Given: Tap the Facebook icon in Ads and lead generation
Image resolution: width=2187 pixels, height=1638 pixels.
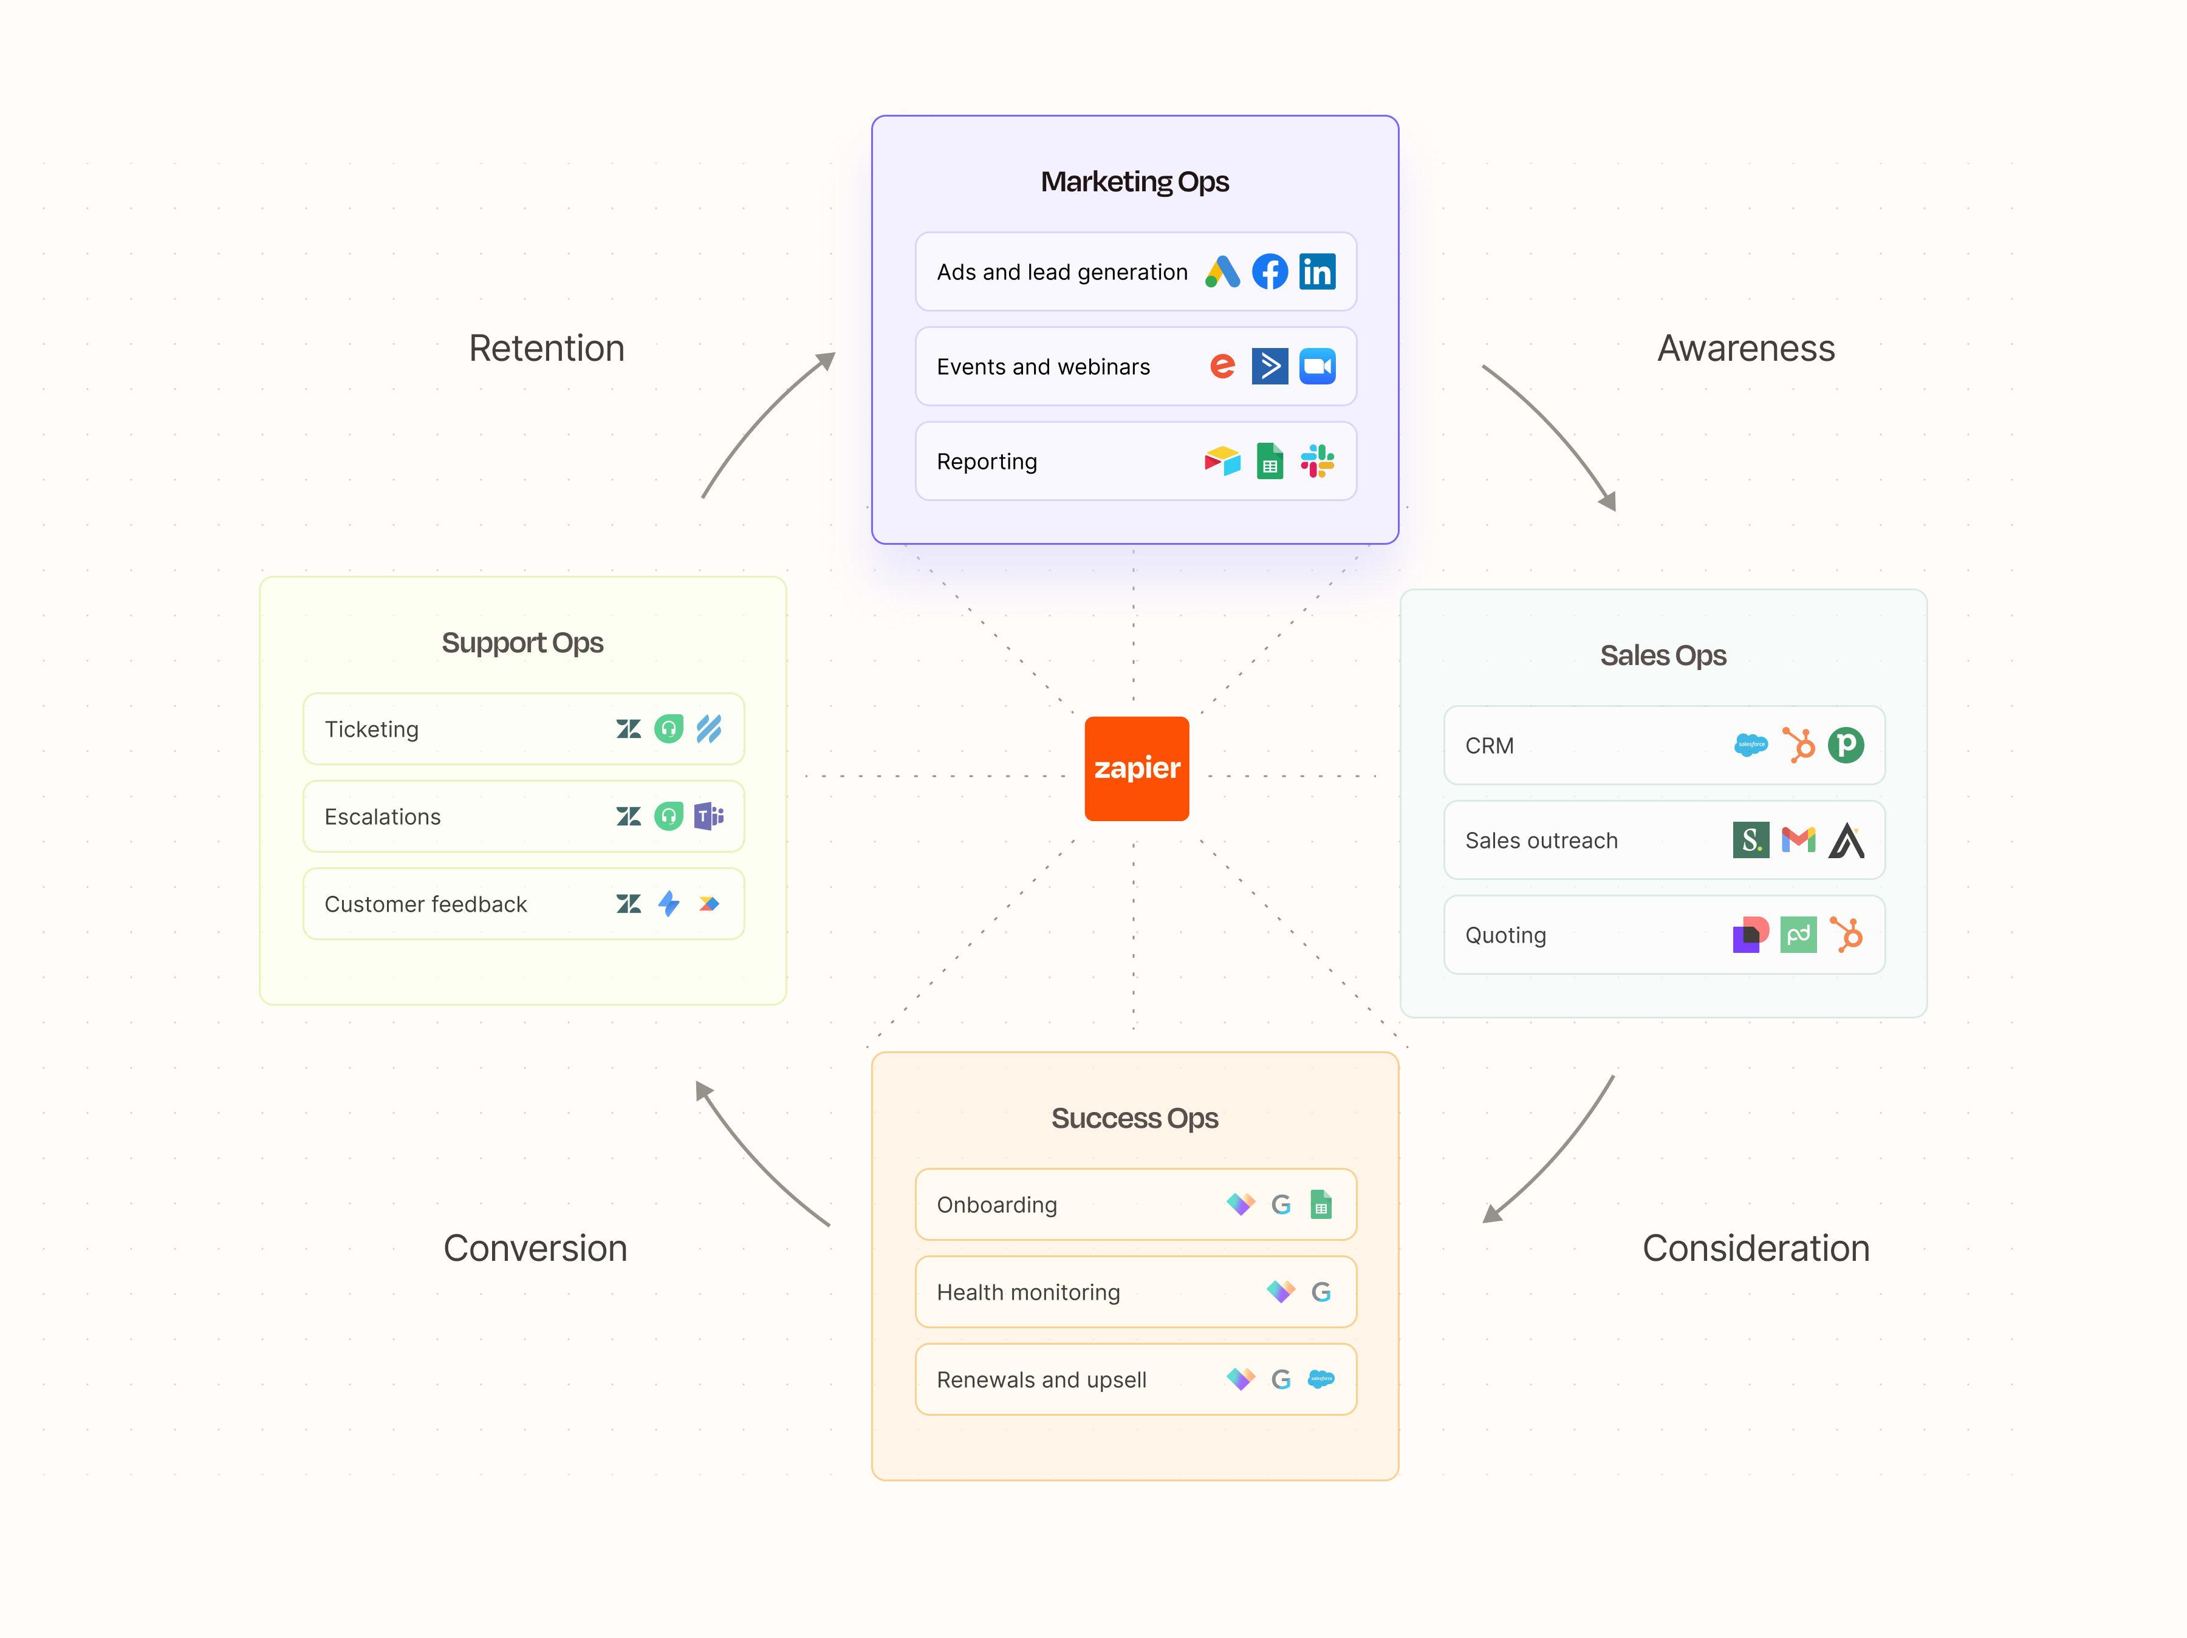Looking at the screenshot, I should coord(1270,272).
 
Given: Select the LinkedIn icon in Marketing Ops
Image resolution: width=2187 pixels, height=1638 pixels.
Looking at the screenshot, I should coord(1317,272).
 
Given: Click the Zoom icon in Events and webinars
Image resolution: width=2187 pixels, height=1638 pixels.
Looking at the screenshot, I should coord(1317,367).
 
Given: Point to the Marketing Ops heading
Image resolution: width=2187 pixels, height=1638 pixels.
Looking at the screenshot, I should coord(1134,182).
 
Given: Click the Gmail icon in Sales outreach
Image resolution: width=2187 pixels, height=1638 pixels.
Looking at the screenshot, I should coord(1798,840).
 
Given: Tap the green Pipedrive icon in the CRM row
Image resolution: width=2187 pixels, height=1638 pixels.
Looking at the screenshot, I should coord(1845,745).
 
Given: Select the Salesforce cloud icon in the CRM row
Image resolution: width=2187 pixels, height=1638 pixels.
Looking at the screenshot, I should coord(1750,745).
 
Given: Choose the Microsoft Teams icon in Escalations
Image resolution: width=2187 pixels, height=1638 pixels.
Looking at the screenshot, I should coord(709,816).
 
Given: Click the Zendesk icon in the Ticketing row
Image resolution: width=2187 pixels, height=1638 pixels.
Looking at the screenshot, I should coord(628,729).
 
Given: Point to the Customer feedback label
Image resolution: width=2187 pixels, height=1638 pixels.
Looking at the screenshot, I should coord(425,904).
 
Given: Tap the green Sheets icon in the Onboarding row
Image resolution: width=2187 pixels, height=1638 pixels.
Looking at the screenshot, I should coord(1321,1205).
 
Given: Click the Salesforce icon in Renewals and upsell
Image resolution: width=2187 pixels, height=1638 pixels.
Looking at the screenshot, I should coord(1321,1379).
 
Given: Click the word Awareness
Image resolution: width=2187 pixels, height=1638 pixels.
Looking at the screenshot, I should coord(1745,349).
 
